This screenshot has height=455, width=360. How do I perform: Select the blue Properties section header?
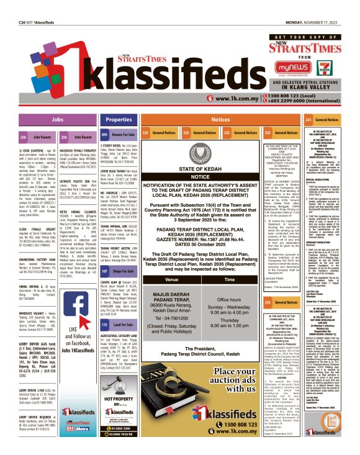pos(118,119)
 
